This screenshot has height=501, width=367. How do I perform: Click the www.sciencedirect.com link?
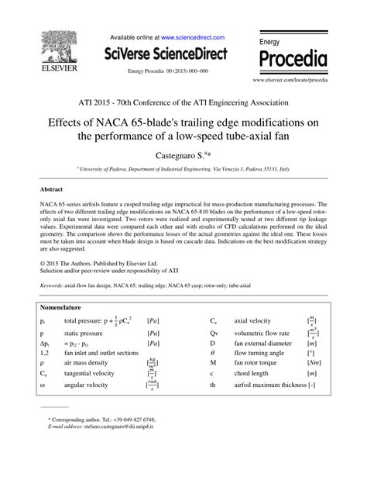193,37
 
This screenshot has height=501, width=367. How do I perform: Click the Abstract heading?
53,188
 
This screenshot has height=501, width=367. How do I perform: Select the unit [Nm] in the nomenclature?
313,362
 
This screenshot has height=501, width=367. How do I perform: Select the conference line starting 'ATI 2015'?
183,102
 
